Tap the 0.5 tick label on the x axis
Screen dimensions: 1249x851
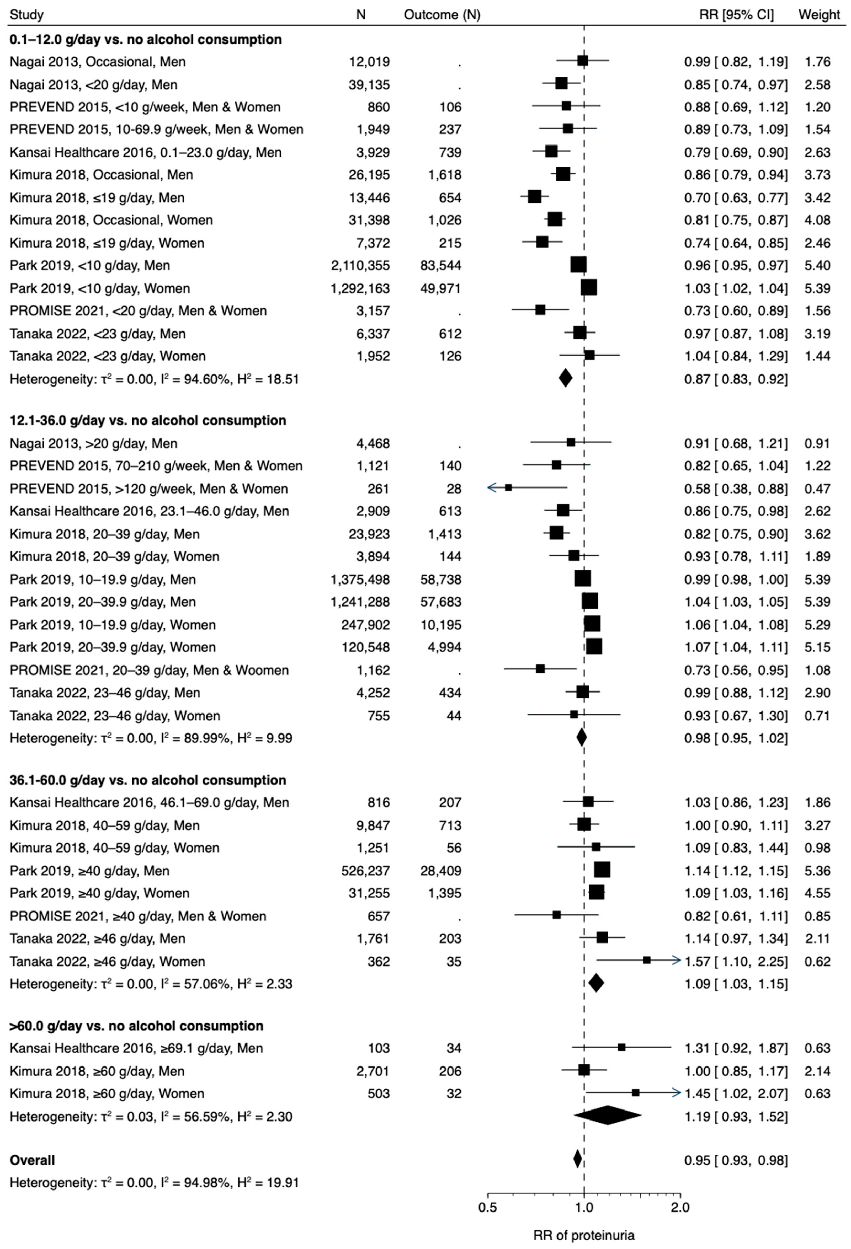(488, 1208)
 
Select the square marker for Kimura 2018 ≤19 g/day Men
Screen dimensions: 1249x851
(534, 197)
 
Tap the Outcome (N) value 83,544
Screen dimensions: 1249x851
(441, 265)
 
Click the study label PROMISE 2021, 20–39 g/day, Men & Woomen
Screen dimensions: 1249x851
(149, 670)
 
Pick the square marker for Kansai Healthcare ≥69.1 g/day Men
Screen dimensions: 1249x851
(621, 1047)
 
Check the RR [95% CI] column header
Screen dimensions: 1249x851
(736, 14)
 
